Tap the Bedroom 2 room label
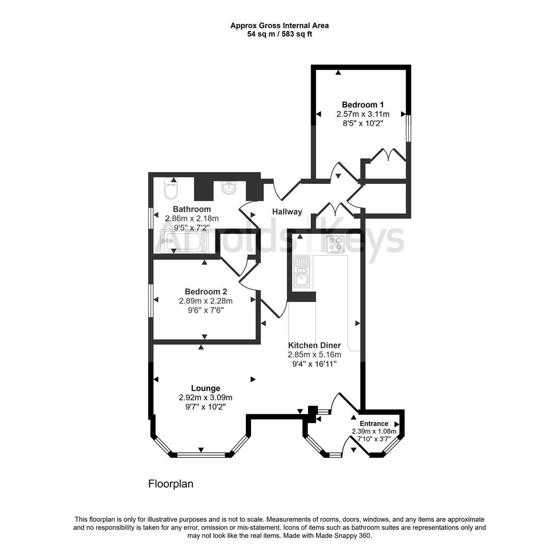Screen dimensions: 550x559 tap(206, 292)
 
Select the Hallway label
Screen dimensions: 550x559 tap(287, 212)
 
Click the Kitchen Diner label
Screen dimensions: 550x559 tap(314, 345)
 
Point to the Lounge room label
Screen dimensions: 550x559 tap(206, 388)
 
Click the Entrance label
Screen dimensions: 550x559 tap(374, 423)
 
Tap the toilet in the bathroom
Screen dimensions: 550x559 tap(171, 190)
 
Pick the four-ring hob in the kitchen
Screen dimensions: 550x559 tap(335, 244)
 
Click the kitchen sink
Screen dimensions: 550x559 tap(301, 270)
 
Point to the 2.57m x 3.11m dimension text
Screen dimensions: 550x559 tap(362, 114)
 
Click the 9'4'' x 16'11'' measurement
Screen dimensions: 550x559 tap(314, 364)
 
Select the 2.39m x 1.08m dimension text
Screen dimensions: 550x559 tap(374, 431)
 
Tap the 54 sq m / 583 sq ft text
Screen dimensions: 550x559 tap(279, 34)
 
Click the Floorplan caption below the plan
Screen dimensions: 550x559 tap(171, 484)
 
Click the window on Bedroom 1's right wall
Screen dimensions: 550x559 tap(408, 128)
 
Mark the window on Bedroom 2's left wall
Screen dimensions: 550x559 tap(151, 300)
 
